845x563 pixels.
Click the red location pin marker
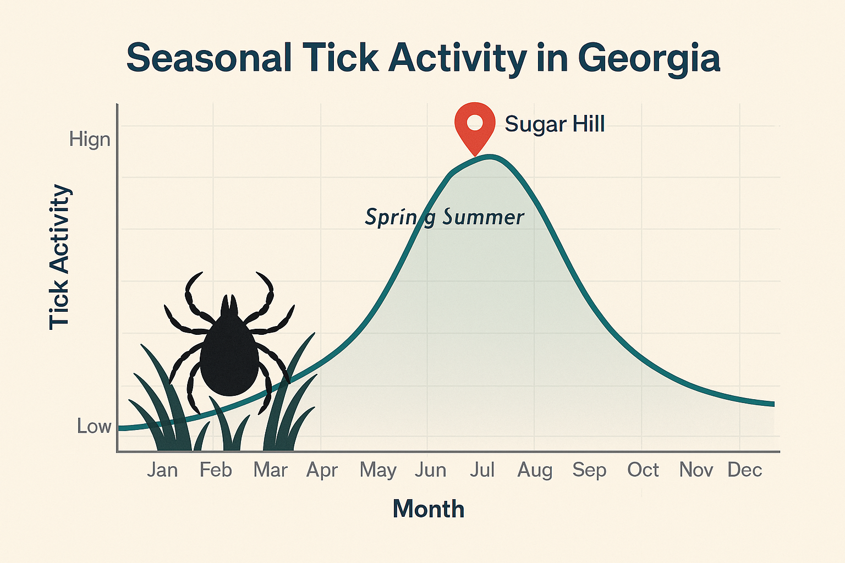coord(475,127)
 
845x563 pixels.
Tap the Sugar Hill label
coord(555,124)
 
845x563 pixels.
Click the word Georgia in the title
coord(649,58)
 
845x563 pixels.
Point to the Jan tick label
coord(162,470)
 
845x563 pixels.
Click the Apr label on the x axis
coord(322,470)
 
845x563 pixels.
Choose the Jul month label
coord(482,470)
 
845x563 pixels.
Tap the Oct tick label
coord(643,470)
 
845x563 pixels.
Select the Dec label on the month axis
coord(745,470)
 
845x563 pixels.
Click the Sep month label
coord(589,470)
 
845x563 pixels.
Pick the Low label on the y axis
coord(94,426)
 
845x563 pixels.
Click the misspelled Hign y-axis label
coord(90,139)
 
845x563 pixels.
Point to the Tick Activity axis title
coord(59,257)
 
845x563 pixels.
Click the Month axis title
coord(429,509)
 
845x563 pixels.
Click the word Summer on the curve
coord(483,218)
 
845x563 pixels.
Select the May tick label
coord(378,470)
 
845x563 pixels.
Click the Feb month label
coord(216,470)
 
